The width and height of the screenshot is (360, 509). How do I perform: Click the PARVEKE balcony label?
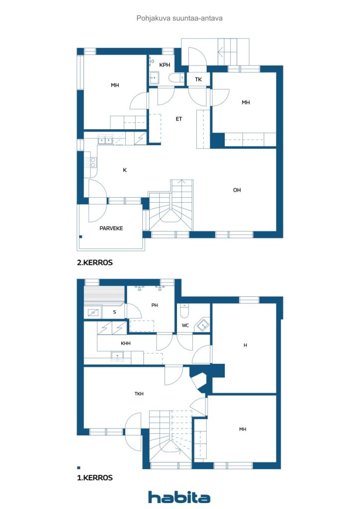click(111, 228)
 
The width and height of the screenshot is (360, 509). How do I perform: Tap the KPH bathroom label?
click(165, 65)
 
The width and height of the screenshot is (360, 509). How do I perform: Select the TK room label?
click(198, 79)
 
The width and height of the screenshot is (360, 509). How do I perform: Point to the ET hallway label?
click(179, 119)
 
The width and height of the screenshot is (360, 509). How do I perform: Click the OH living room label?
click(237, 190)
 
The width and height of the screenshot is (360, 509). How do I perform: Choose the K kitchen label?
click(125, 170)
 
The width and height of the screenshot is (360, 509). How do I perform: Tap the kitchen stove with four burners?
click(90, 163)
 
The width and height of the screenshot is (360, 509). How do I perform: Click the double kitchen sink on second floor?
click(105, 140)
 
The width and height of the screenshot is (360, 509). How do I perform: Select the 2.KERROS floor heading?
click(95, 262)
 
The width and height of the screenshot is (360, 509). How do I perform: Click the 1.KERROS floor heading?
click(95, 478)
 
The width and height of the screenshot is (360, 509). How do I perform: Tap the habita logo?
click(179, 497)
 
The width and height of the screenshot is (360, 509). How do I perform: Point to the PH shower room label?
click(155, 305)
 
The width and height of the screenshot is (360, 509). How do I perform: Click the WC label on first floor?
click(185, 325)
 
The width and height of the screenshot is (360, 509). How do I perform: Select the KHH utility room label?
click(126, 343)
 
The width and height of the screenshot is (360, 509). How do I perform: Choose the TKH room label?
click(139, 394)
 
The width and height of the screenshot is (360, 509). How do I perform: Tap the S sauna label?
click(114, 312)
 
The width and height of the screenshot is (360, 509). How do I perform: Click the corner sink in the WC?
click(202, 325)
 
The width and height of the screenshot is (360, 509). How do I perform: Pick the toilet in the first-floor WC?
click(184, 311)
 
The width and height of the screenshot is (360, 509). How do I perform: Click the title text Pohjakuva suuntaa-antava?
click(180, 18)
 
